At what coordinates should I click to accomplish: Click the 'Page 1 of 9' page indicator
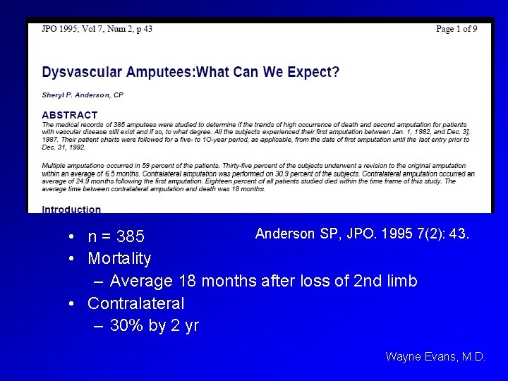point(456,29)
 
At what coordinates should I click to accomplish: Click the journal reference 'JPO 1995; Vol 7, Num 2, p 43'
point(97,29)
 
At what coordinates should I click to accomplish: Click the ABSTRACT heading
point(70,114)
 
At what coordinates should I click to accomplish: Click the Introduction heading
point(71,209)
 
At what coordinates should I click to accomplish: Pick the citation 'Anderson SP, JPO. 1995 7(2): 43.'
point(362,234)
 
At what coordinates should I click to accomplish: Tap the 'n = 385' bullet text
point(116,236)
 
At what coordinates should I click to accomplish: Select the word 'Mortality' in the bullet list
point(119,259)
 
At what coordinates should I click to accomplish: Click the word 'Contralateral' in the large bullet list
point(135,304)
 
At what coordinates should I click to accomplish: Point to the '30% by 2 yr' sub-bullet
point(155,327)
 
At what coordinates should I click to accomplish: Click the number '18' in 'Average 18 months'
point(187,282)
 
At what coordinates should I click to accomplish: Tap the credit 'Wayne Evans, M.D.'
point(435,357)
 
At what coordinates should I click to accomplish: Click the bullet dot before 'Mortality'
point(73,259)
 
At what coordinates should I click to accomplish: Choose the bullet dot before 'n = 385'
point(73,236)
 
